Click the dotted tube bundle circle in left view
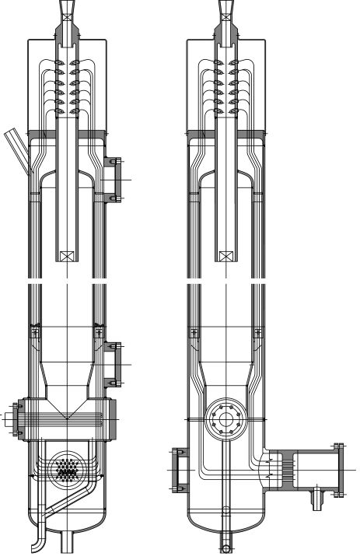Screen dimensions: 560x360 click(68, 469)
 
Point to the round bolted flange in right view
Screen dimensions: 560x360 click(227, 421)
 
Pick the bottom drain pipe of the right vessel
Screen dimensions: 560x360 click(226, 541)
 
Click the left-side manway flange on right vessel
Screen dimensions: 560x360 click(177, 470)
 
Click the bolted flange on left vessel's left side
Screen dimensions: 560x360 click(13, 418)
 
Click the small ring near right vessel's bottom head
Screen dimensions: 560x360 click(226, 511)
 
